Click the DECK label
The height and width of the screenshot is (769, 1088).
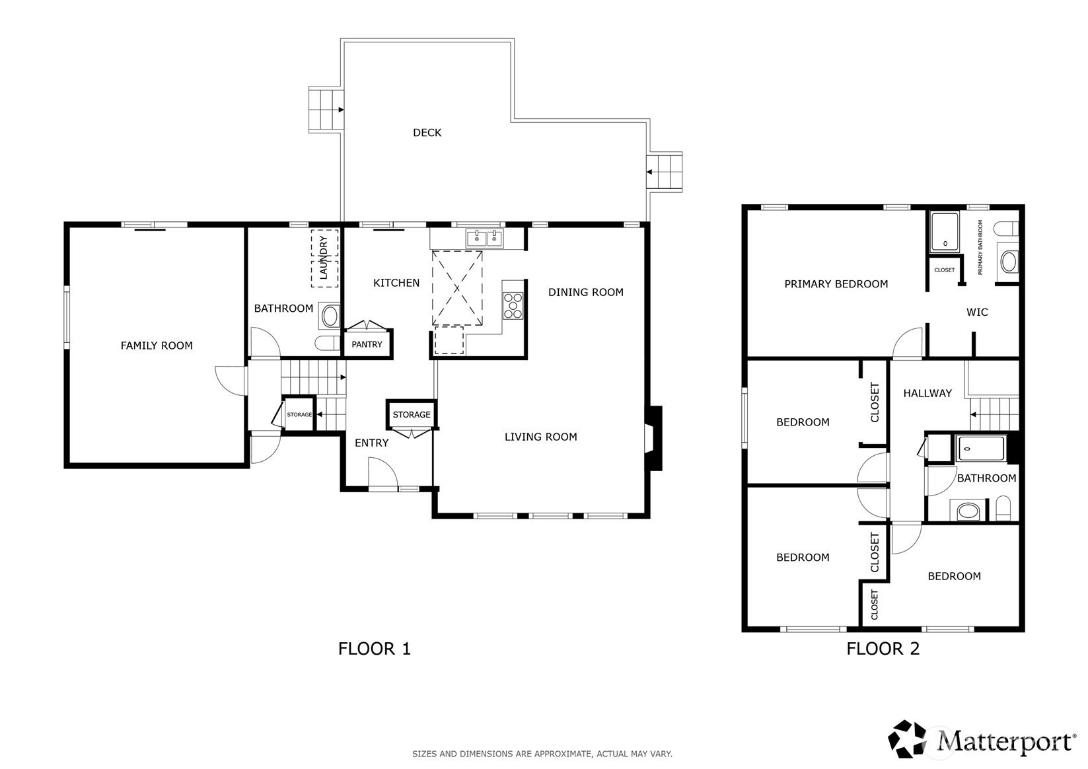427,133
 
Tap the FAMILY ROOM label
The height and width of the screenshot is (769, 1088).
157,346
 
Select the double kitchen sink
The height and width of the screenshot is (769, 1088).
484,238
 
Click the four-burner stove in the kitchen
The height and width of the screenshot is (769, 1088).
513,306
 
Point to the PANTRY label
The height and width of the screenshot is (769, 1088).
367,344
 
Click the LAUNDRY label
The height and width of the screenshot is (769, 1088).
324,257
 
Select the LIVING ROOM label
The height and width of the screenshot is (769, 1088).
540,437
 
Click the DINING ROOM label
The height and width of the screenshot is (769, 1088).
586,293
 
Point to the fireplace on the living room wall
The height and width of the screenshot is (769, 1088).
653,438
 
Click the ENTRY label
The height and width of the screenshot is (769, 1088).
371,443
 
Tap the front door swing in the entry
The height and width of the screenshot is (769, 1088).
383,472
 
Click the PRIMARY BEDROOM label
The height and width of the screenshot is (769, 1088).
836,284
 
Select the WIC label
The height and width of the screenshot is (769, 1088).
977,312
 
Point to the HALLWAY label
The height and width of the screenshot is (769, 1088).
927,394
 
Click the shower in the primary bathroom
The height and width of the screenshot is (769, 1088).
945,231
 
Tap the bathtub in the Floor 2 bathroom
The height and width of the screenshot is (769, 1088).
980,449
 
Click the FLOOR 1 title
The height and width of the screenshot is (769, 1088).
374,649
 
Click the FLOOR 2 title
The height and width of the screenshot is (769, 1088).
883,649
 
